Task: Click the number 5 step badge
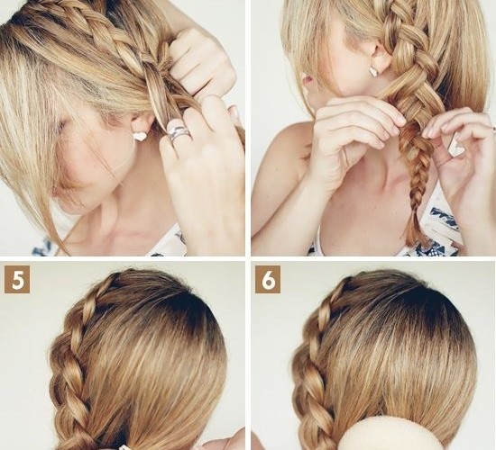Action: [x=17, y=280]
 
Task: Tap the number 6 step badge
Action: [x=268, y=280]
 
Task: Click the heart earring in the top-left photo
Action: [x=140, y=136]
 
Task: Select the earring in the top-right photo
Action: [x=375, y=71]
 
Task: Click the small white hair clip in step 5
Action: [x=122, y=447]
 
